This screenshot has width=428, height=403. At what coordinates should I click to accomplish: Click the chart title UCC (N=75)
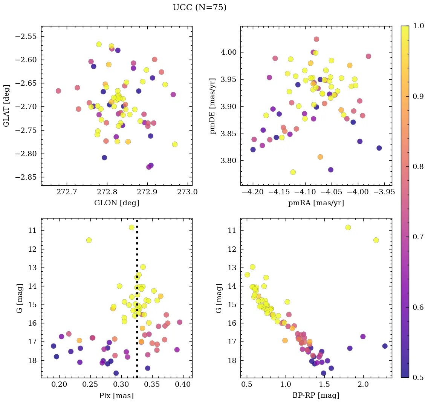[199, 8]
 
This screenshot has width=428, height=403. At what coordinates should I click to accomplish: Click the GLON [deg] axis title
[116, 203]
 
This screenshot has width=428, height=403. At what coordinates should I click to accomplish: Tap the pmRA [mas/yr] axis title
[316, 203]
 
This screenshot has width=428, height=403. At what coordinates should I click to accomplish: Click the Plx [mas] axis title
[116, 395]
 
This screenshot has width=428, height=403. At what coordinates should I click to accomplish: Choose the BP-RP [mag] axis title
[316, 395]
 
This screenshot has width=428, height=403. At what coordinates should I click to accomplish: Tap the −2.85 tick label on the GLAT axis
[28, 177]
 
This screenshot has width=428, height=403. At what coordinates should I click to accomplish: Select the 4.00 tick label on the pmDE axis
[229, 52]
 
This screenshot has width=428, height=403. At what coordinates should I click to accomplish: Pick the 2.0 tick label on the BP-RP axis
[363, 385]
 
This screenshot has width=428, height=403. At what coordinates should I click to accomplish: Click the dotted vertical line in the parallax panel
[137, 302]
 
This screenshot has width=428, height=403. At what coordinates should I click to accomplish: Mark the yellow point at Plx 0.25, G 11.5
[89, 240]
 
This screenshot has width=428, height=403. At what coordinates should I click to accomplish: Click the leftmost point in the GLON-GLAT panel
[58, 91]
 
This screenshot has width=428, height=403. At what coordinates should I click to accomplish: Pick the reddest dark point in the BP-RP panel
[385, 346]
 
